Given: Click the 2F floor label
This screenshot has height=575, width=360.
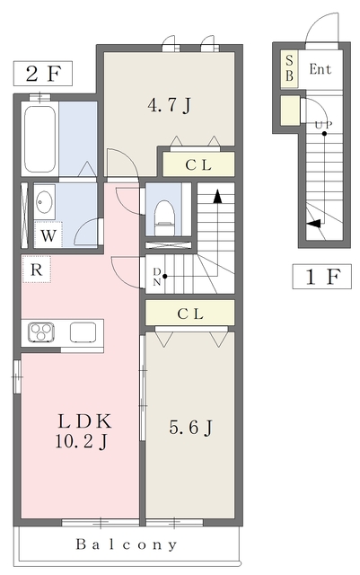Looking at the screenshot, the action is coord(43,74).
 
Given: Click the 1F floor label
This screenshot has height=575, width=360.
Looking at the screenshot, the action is coord(322,277).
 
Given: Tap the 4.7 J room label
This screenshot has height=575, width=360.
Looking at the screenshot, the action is coord(169,105).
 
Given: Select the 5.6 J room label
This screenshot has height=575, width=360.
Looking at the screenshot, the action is coord(190,428).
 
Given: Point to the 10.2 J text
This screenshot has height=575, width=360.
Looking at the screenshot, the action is coord(81,441).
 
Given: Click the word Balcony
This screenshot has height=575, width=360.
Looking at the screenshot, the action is coord(127,545).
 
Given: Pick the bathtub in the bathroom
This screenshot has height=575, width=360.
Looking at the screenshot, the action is coord(40,139).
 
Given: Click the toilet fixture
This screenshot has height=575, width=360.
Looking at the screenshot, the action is coord(164,217).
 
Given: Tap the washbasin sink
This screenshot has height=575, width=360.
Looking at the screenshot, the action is coord(44,201).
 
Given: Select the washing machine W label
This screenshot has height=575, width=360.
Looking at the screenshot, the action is coord(48,235).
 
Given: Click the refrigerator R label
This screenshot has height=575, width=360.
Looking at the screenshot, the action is coord(36,270).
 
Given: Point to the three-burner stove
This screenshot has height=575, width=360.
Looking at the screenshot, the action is coord(41,332).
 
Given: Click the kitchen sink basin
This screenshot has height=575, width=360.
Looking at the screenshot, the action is coord(83,332).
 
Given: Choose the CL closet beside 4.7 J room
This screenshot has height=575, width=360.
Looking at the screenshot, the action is coord(198,164).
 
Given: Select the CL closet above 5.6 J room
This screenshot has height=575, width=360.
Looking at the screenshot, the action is coord(190,314).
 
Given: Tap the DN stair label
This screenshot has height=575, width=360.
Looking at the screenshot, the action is coord(157,277).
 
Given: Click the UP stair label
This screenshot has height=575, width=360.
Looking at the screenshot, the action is coord(324,125).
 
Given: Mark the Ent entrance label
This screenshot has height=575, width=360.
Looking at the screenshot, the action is coord(320,69).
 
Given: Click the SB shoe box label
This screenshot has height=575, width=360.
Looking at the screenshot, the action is coord(289,68).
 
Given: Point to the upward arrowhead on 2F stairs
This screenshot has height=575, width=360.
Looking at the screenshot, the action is coord(218,197).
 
